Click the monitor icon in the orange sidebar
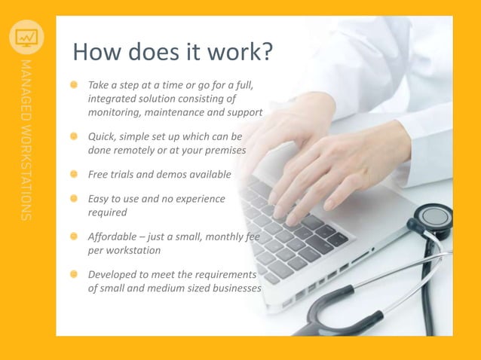tap(26, 36)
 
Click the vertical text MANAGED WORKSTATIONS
tap(26, 139)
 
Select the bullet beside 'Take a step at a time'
tap(75, 85)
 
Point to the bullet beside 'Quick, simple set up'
tap(75, 137)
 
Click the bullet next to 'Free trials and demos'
tap(75, 174)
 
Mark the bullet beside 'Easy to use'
tap(75, 199)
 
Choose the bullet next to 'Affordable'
tap(75, 236)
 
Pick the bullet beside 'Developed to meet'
tap(75, 274)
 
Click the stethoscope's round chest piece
tap(435, 217)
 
